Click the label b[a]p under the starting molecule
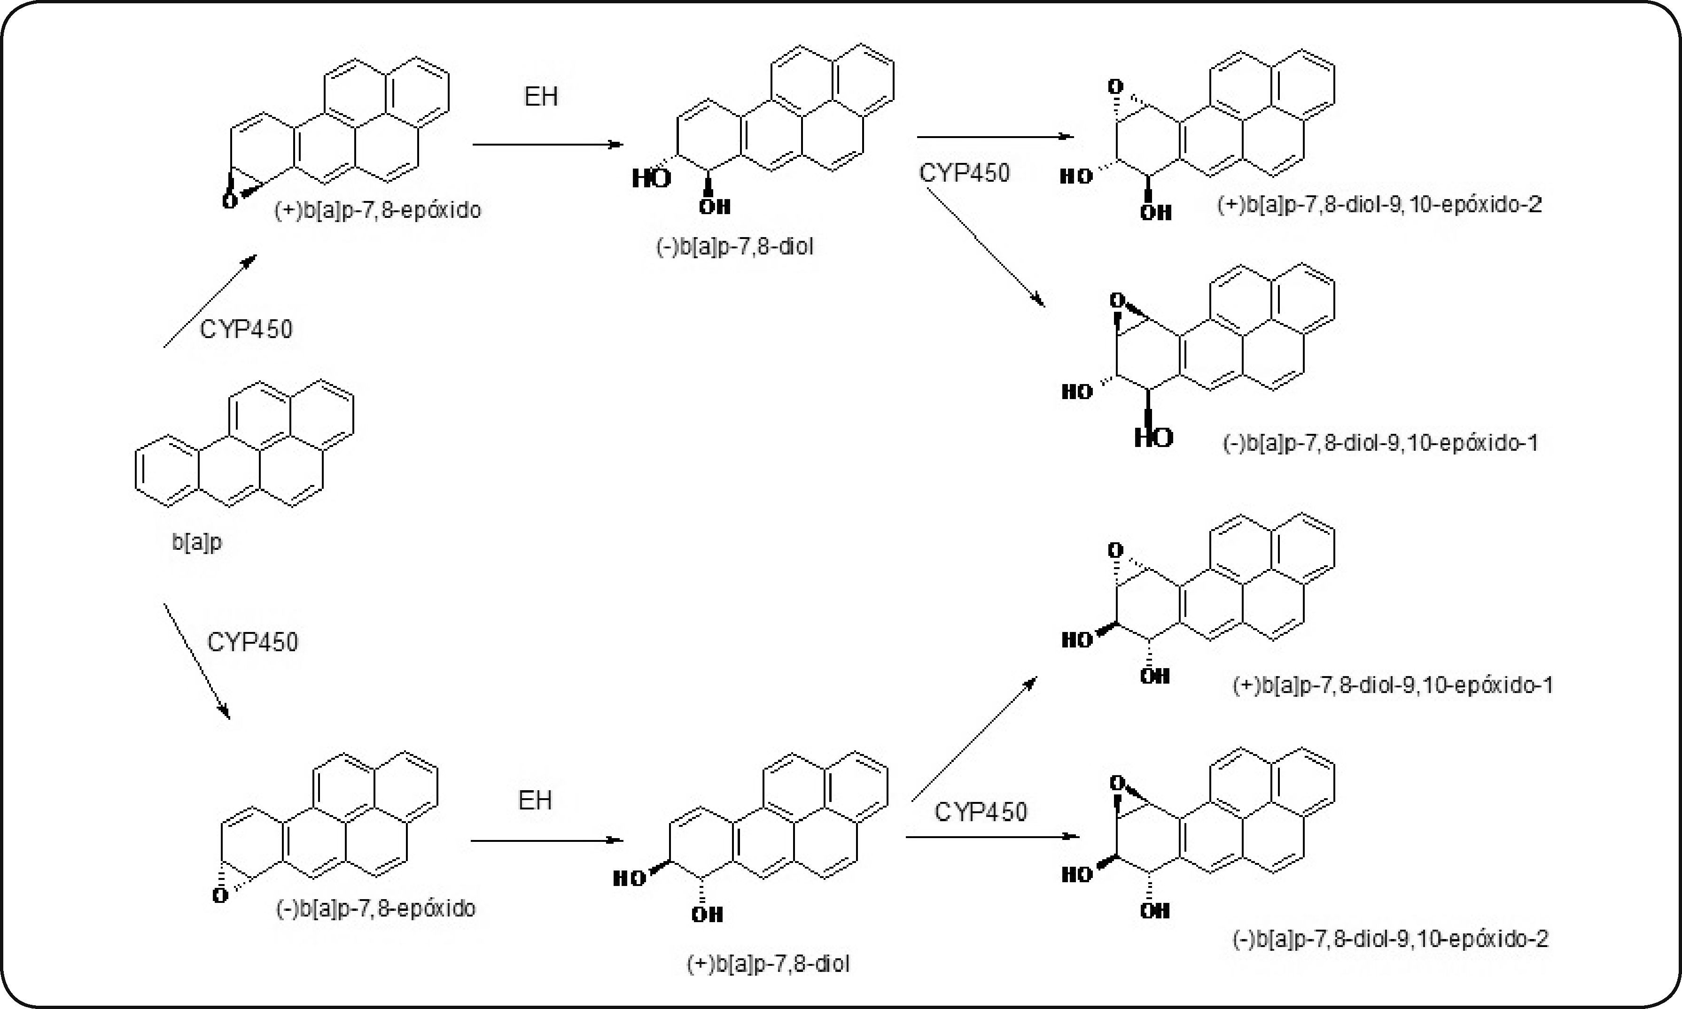[x=196, y=542]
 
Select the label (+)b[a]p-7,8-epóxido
[x=377, y=210]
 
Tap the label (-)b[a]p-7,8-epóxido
[x=375, y=909]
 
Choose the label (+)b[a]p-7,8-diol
[x=768, y=963]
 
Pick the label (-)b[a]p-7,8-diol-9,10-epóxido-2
[x=1390, y=939]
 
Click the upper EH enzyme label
[x=541, y=97]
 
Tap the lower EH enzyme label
[x=535, y=800]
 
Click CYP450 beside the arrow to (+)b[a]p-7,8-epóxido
[x=246, y=329]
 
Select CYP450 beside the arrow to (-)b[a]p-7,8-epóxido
[x=252, y=642]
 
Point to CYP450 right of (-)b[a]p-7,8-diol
[x=965, y=173]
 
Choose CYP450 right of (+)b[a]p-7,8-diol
[x=981, y=811]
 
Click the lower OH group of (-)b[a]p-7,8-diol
[x=715, y=207]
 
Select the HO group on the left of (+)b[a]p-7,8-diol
[x=629, y=878]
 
